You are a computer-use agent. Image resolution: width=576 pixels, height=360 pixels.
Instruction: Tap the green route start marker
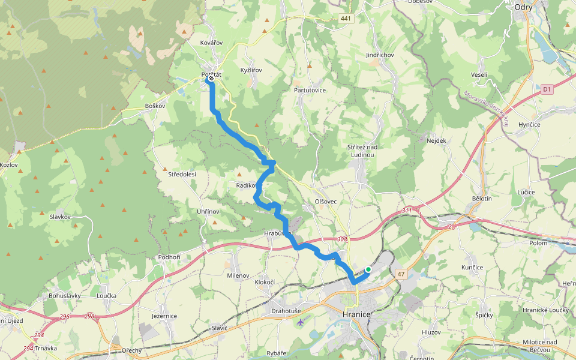[x=368, y=270]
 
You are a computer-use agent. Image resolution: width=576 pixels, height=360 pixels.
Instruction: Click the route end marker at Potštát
[x=211, y=78]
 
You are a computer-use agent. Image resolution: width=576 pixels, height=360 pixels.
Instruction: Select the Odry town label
[x=525, y=7]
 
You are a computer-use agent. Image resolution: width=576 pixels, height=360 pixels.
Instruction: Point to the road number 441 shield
[x=345, y=19]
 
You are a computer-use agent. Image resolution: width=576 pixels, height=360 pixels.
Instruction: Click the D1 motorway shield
[x=546, y=89]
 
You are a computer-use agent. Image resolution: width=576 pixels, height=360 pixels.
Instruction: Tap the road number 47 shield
[x=401, y=274]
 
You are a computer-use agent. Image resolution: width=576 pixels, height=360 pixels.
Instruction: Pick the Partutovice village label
[x=310, y=90]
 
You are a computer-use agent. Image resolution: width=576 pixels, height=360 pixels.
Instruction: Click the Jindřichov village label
[x=379, y=55]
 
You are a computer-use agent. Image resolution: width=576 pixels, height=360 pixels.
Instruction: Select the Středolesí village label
[x=182, y=174]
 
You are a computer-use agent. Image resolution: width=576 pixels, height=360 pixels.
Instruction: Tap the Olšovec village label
[x=326, y=202]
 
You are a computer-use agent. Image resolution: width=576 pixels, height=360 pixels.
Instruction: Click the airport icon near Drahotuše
[x=300, y=322]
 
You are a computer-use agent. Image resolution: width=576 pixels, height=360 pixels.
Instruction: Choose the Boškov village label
[x=155, y=106]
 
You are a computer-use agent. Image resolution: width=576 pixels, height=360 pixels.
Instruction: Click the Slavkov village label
[x=61, y=217]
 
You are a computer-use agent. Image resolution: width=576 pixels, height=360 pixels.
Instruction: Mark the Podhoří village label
[x=169, y=257]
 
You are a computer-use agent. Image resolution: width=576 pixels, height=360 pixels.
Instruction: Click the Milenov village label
[x=238, y=275]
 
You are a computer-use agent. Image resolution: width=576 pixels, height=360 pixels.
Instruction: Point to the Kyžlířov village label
[x=251, y=70]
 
